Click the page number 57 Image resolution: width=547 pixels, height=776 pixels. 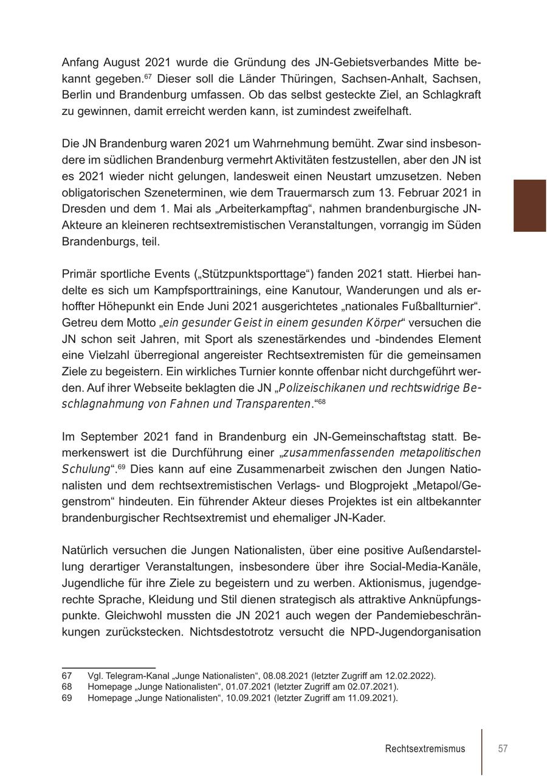[503, 749]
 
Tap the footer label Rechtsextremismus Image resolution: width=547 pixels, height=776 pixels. [425, 749]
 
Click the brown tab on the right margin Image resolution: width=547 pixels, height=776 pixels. [529, 206]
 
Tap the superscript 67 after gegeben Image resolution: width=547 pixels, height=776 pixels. [148, 77]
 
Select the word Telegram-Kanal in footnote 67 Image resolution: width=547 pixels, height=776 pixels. [129, 676]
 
